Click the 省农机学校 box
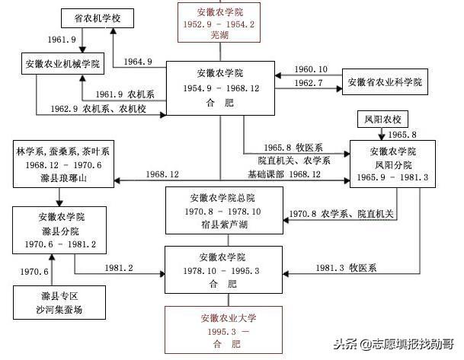(98, 18)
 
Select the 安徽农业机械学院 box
(62, 63)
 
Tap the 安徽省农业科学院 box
(385, 82)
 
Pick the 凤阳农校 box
(382, 119)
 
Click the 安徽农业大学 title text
(228, 318)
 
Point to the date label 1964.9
(138, 62)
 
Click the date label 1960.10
(311, 69)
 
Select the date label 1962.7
(308, 83)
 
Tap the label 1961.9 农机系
(125, 94)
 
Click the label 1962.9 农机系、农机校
(98, 109)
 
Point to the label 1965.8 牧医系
(293, 148)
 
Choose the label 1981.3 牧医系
(346, 268)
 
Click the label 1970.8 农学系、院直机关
(341, 214)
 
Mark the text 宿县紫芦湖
(224, 225)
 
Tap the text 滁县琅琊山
(63, 178)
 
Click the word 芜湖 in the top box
(219, 35)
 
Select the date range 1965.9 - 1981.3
(392, 177)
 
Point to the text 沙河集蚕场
(59, 310)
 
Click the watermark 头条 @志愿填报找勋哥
(394, 344)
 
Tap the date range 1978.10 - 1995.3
(221, 271)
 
